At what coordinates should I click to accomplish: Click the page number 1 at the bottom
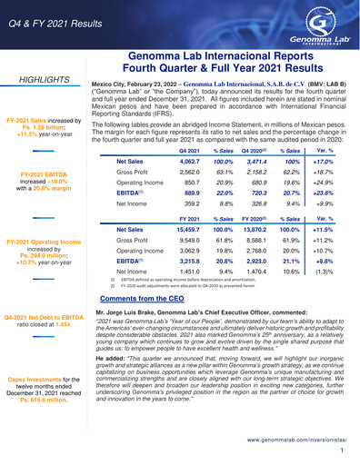coord(341,450)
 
